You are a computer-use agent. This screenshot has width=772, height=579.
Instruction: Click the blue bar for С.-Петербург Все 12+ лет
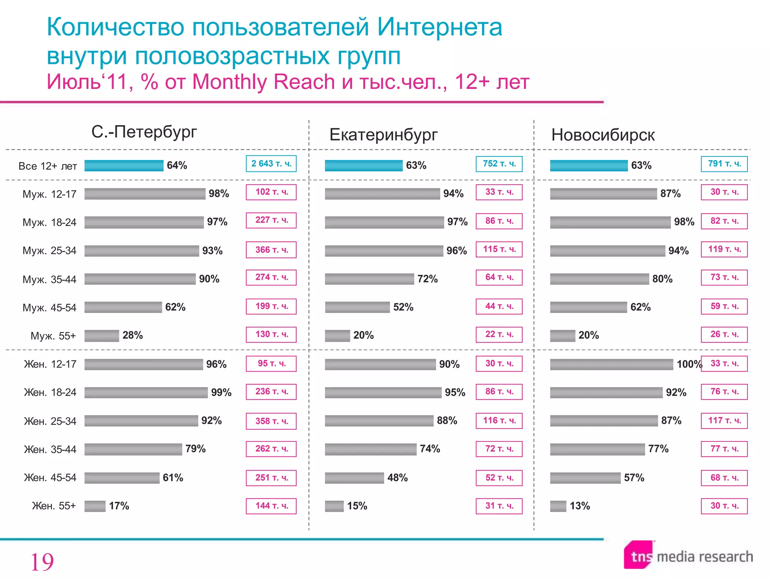[x=124, y=165]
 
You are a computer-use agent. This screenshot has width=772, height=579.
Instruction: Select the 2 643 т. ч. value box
[x=271, y=164]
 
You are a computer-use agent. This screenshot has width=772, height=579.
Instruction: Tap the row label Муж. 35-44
[x=49, y=279]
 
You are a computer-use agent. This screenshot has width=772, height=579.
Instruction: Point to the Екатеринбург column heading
[x=383, y=135]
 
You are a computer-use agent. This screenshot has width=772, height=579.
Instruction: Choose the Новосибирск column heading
[x=603, y=135]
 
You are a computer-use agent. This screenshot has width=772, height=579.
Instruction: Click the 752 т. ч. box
[x=499, y=164]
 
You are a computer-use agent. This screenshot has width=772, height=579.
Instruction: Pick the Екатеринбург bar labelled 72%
[x=369, y=279]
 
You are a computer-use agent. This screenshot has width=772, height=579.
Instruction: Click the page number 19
[x=41, y=562]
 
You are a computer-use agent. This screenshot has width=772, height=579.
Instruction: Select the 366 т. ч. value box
[x=271, y=250]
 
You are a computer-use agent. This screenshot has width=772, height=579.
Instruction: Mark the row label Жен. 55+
[x=54, y=506]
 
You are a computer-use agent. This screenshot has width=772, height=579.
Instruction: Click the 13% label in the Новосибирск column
[x=579, y=506]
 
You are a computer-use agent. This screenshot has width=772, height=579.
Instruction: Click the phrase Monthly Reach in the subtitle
[x=263, y=82]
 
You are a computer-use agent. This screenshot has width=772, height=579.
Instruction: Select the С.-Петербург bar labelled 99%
[x=146, y=392]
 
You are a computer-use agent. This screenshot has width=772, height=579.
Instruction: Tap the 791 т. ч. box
[x=724, y=164]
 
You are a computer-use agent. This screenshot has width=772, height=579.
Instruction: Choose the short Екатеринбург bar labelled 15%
[x=334, y=506]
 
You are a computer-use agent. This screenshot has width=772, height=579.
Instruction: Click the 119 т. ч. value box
[x=724, y=249]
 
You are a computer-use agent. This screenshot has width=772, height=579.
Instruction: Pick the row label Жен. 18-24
[x=50, y=392]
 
